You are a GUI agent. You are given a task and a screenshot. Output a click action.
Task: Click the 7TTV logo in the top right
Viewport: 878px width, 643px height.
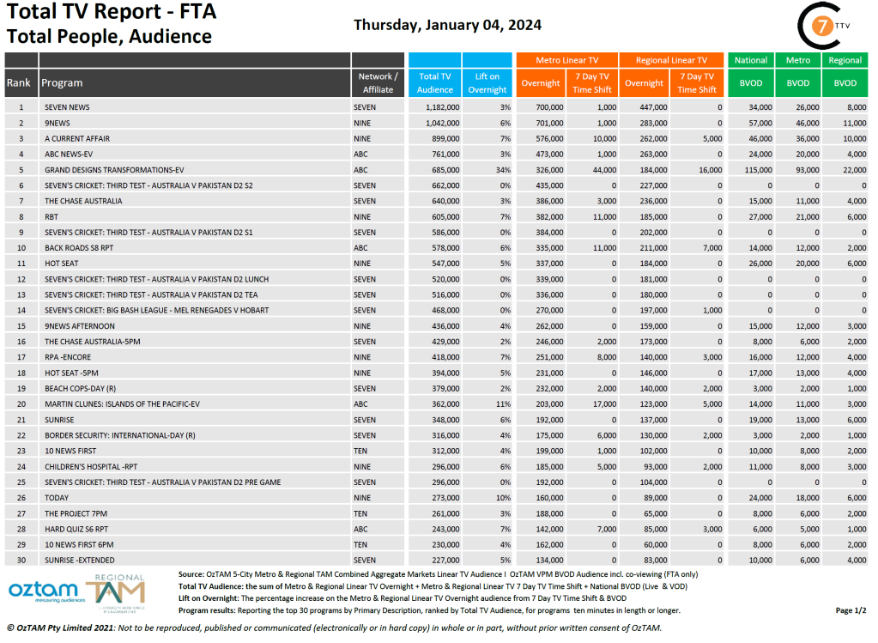tap(823, 27)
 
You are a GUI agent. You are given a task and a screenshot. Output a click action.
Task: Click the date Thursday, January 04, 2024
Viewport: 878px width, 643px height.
tap(447, 25)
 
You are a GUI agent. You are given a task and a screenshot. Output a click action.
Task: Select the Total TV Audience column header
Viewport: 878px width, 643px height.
tap(435, 83)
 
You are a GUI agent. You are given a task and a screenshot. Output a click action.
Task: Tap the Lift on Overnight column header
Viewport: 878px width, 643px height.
tap(487, 83)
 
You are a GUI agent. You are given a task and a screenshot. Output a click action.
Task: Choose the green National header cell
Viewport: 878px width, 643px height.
tap(750, 60)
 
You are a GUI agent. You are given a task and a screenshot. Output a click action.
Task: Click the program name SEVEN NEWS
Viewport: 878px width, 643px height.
tap(67, 107)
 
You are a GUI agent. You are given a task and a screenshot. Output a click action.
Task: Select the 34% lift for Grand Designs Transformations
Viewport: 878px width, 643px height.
tap(503, 170)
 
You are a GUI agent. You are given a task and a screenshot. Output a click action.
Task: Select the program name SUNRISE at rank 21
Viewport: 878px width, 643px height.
tap(59, 420)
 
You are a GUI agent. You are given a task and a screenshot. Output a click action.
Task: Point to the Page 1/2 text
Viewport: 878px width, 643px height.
tap(850, 610)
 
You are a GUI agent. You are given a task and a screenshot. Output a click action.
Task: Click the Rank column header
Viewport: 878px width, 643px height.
tap(21, 83)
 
